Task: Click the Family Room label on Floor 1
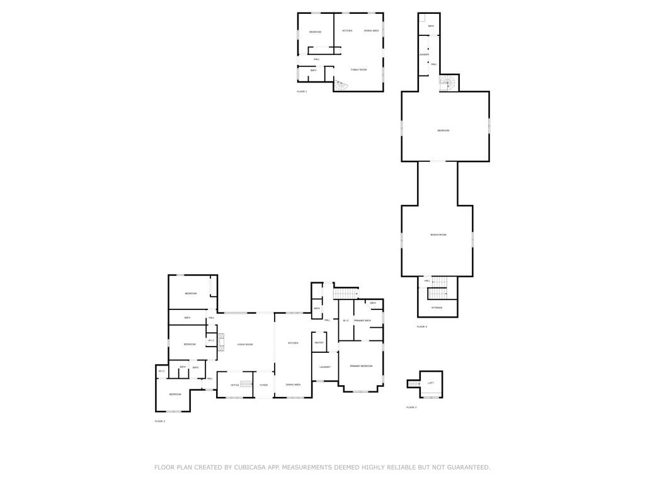point(358,70)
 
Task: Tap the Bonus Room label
point(438,235)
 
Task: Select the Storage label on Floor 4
point(437,308)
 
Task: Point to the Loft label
point(431,383)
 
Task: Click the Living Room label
point(245,345)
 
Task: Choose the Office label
point(234,385)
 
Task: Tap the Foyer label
point(263,385)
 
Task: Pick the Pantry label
point(319,343)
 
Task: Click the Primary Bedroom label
point(362,366)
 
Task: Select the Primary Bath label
point(362,321)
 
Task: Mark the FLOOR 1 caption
point(302,92)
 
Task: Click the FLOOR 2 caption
point(160,421)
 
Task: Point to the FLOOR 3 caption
point(411,408)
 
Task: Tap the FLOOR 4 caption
point(422,327)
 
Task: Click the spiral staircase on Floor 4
point(448,83)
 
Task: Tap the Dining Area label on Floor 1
point(371,31)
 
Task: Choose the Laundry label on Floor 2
point(325,367)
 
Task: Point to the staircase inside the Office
point(246,384)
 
